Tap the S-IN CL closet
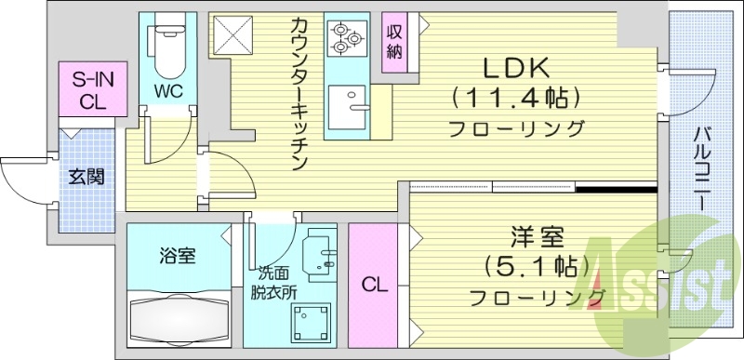point(86,90)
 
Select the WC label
point(166,92)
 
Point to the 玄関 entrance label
point(86,177)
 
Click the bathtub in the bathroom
point(180,318)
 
